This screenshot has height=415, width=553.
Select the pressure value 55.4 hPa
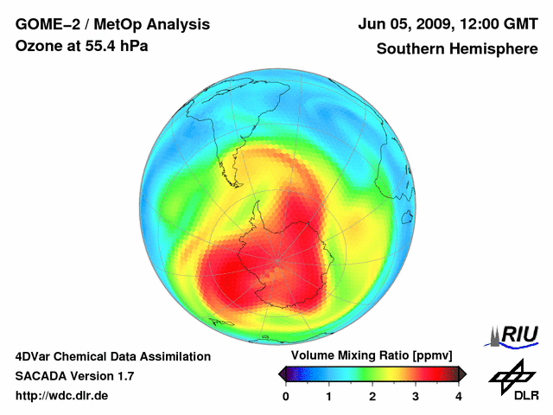coord(112,46)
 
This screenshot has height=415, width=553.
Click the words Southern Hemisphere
coord(455,48)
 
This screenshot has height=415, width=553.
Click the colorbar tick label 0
coord(286,396)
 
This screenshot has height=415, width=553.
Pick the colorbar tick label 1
coord(329,396)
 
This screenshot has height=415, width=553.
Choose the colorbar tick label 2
coord(372,396)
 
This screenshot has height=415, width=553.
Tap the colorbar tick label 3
coord(416,396)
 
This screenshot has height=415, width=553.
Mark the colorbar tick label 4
coord(459,396)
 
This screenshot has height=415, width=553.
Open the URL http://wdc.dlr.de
coord(62,396)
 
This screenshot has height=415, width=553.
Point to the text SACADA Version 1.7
coord(74,376)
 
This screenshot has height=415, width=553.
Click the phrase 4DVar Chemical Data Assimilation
coord(112,356)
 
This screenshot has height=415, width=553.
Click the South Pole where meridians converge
coord(278,259)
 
